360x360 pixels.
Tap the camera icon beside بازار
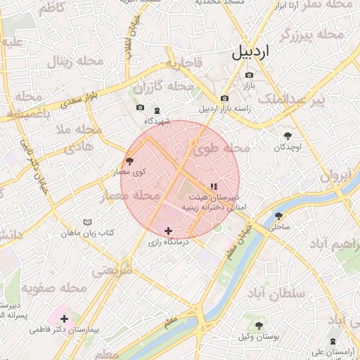pyautogui.click(x=249, y=75)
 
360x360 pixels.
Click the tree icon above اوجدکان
pyautogui.click(x=288, y=136)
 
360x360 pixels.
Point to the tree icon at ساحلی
pyautogui.click(x=278, y=216)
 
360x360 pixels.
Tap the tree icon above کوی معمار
pyautogui.click(x=129, y=160)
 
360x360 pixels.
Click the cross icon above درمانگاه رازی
pyautogui.click(x=168, y=231)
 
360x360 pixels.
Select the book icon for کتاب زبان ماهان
pyautogui.click(x=87, y=222)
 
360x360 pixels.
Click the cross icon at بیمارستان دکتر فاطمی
pyautogui.click(x=65, y=319)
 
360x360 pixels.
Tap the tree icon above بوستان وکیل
pyautogui.click(x=259, y=326)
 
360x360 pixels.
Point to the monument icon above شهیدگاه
pyautogui.click(x=157, y=110)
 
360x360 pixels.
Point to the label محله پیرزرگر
pyautogui.click(x=311, y=34)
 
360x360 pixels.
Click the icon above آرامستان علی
pyautogui.click(x=333, y=340)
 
